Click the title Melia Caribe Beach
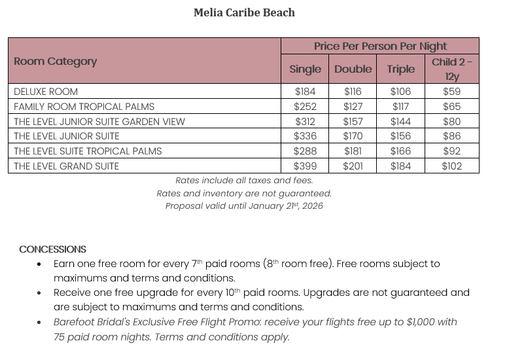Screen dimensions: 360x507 pos(244,12)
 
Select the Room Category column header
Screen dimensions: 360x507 pos(55,62)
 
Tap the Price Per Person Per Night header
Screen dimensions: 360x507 pos(380,46)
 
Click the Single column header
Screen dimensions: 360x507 pos(305,69)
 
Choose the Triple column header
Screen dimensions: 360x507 pos(400,69)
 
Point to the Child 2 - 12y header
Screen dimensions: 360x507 pos(451,69)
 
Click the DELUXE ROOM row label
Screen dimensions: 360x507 pos(46,92)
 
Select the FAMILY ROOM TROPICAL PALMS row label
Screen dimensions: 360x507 pos(84,107)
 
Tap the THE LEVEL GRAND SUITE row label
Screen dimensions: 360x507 pos(66,166)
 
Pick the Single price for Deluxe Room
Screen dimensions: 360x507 pos(305,92)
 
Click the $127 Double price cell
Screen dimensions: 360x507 pos(353,107)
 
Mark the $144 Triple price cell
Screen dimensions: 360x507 pos(400,122)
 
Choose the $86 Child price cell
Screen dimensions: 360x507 pos(451,136)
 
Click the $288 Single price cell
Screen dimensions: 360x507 pos(305,151)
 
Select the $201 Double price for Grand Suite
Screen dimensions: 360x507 pos(353,166)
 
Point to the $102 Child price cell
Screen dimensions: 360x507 pos(451,166)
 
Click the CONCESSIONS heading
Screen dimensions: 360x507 pos(52,249)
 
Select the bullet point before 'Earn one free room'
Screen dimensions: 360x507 pos(39,264)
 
